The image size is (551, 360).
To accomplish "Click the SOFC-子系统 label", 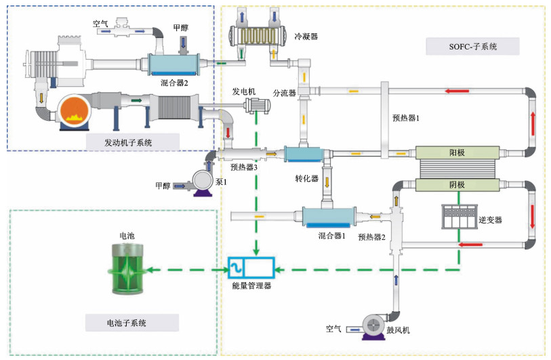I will point(472,47).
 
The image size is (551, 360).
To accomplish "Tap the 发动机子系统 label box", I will point(128,142).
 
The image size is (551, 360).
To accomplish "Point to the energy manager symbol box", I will point(250,269).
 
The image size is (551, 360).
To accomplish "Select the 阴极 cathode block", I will point(457,184).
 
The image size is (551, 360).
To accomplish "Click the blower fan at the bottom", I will point(373,326).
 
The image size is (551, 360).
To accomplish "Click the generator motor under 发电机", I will point(256,105).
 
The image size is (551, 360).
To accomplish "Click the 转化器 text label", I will point(306,179).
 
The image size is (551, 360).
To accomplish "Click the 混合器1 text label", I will point(332,236).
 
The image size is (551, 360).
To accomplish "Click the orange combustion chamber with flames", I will point(73,112).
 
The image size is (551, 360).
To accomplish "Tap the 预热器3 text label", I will point(244,167).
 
